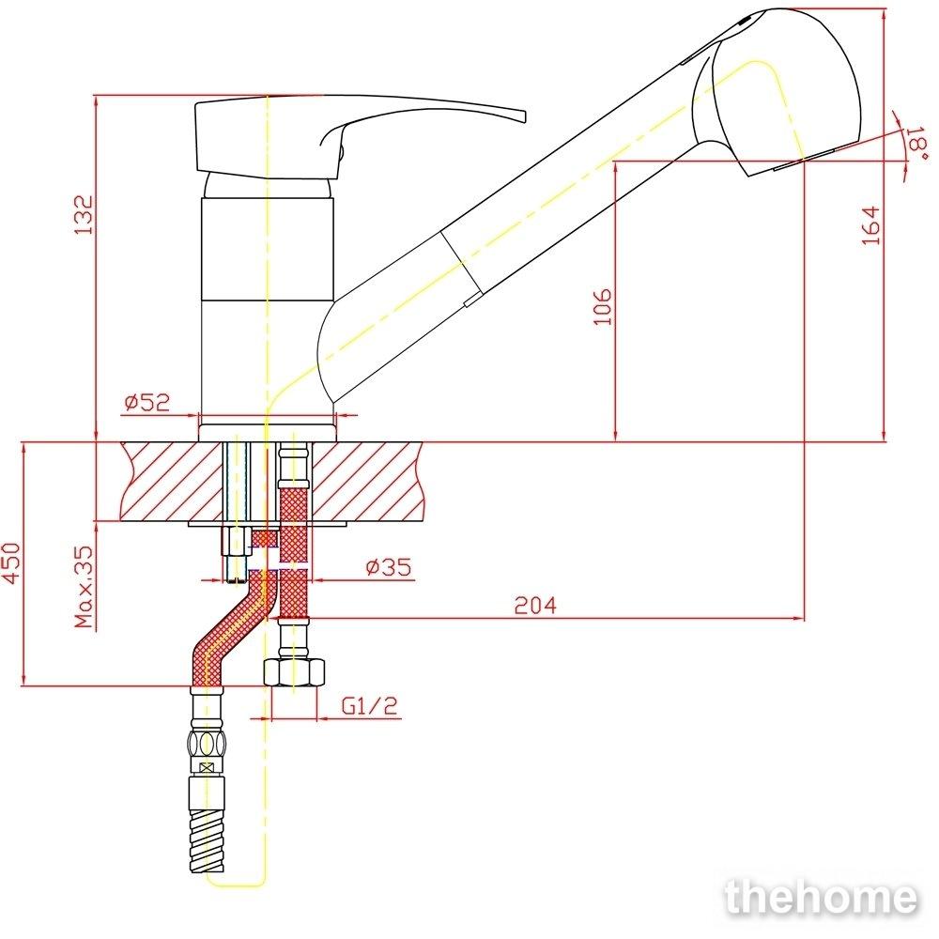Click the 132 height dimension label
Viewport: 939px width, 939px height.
point(84,214)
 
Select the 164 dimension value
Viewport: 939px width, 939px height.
point(871,224)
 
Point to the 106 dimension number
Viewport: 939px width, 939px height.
point(603,307)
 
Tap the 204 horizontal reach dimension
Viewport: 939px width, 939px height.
point(535,606)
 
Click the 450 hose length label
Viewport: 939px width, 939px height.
point(11,562)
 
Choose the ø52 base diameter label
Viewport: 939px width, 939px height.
point(147,402)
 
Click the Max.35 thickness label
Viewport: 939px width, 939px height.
point(85,587)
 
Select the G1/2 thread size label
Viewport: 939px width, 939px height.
point(369,706)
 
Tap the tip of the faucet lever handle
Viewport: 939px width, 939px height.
point(525,116)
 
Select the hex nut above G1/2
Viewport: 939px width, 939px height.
point(295,672)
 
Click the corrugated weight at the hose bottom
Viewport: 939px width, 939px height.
point(208,839)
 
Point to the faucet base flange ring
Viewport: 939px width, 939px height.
point(267,433)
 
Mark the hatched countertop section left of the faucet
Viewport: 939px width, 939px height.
point(172,482)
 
